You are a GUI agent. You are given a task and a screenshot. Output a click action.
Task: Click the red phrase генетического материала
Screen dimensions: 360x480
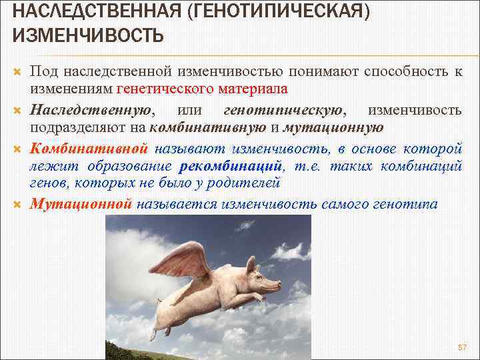202,89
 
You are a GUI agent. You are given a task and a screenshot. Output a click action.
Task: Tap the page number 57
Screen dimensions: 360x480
463,348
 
